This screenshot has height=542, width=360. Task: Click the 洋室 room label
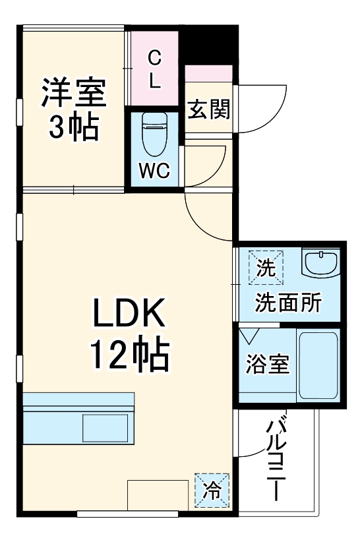pyautogui.click(x=73, y=93)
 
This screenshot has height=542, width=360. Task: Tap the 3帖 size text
pyautogui.click(x=73, y=126)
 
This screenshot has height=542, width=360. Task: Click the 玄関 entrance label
pyautogui.click(x=209, y=109)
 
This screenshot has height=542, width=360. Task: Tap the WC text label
pyautogui.click(x=154, y=171)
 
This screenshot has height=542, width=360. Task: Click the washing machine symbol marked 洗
pyautogui.click(x=265, y=267)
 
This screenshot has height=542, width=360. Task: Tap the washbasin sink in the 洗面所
pyautogui.click(x=320, y=264)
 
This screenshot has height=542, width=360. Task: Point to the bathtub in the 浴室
pyautogui.click(x=318, y=366)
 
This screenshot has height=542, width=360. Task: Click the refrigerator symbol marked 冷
pyautogui.click(x=212, y=491)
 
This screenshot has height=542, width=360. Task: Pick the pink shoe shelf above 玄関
pyautogui.click(x=208, y=73)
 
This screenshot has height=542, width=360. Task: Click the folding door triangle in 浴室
pyautogui.click(x=249, y=336)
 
